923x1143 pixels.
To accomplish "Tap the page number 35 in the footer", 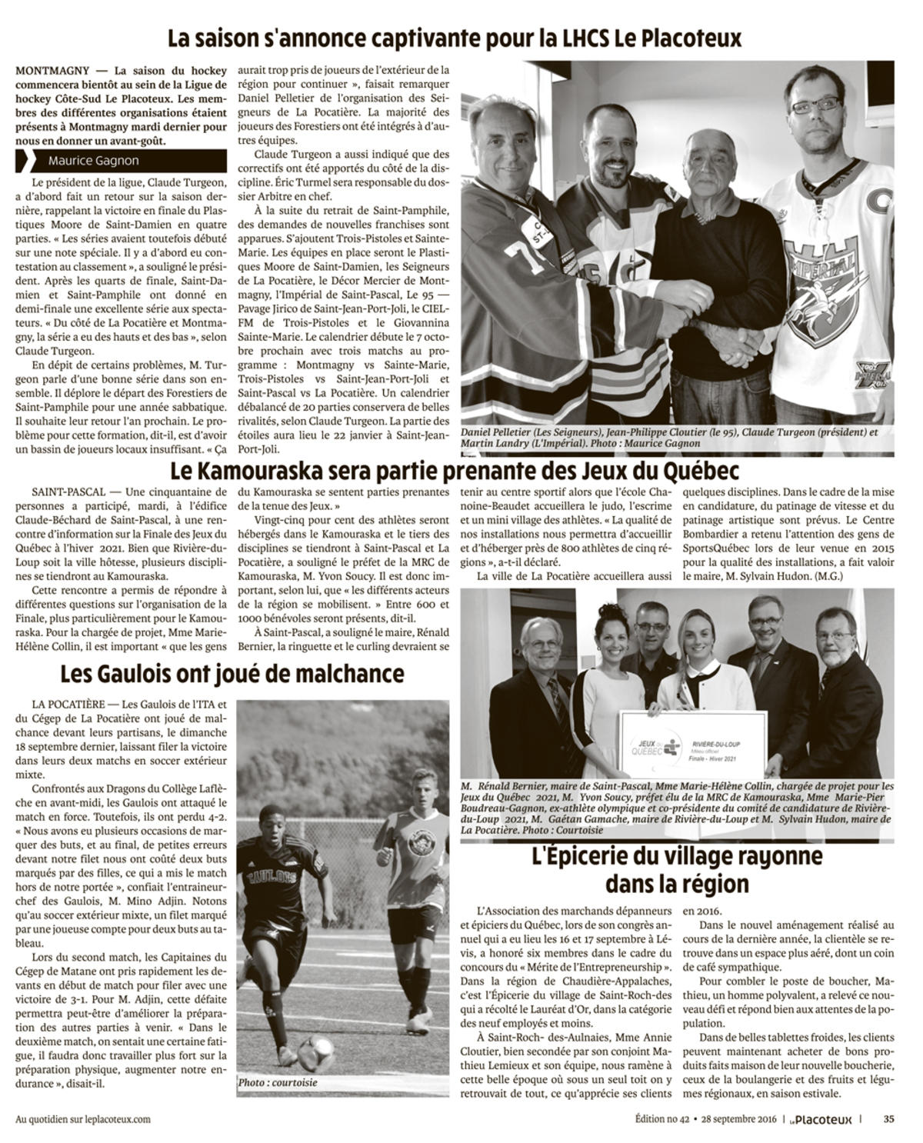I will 888,1119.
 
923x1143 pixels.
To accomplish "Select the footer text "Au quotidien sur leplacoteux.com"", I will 83,1119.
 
